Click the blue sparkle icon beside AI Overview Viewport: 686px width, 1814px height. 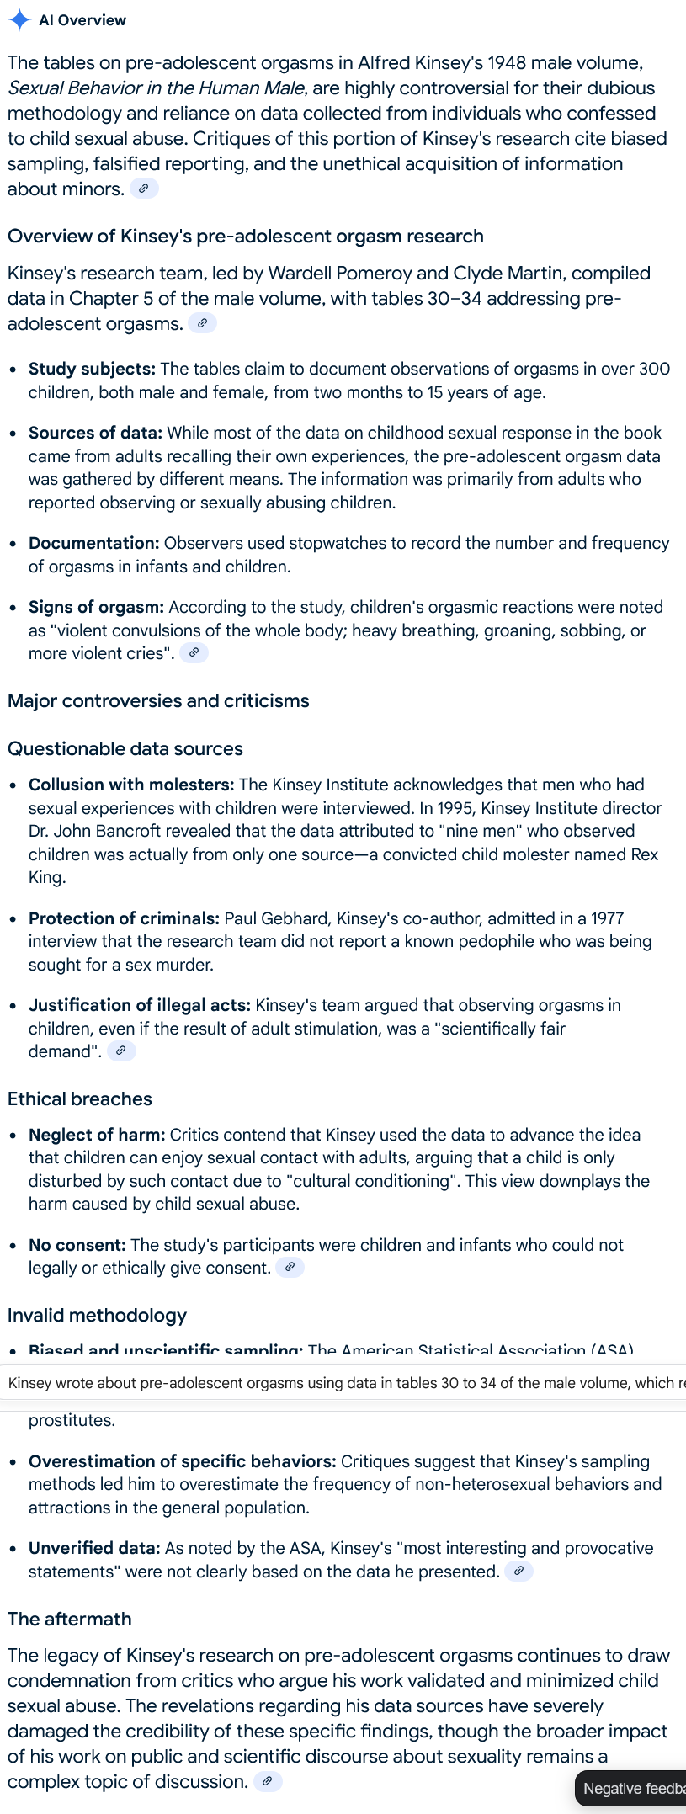(x=19, y=20)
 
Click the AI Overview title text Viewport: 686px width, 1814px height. (x=82, y=20)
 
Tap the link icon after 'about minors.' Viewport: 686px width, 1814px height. (x=144, y=189)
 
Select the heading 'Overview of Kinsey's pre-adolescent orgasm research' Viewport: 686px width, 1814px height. (x=245, y=236)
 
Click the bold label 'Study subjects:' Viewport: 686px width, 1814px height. (x=92, y=369)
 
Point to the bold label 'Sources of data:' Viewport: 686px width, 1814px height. (x=95, y=433)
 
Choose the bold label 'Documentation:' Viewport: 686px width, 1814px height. (x=93, y=543)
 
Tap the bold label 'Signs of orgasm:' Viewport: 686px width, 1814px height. (x=96, y=607)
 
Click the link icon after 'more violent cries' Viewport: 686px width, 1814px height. (x=194, y=652)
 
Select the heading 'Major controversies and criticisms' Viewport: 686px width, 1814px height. (x=158, y=700)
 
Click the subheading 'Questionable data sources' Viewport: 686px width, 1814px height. (x=125, y=748)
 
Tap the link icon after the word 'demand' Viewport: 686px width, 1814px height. (x=121, y=1051)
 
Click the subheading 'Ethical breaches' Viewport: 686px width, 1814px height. (x=80, y=1099)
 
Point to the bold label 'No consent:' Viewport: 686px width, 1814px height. (x=77, y=1245)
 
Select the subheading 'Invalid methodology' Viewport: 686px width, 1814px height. (x=98, y=1315)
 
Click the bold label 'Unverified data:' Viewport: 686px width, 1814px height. (x=94, y=1548)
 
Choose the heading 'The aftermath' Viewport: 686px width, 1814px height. (x=70, y=1619)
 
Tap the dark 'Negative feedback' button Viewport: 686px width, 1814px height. (x=631, y=1789)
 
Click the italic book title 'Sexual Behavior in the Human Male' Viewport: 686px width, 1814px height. (x=156, y=88)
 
